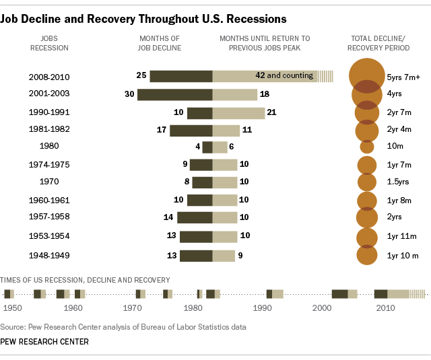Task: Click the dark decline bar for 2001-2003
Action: pyautogui.click(x=175, y=94)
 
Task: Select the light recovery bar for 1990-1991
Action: pyautogui.click(x=238, y=112)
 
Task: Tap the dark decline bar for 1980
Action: pyautogui.click(x=207, y=147)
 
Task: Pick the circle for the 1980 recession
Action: pyautogui.click(x=367, y=147)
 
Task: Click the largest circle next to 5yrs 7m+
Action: pyautogui.click(x=367, y=75)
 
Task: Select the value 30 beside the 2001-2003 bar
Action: pyautogui.click(x=129, y=94)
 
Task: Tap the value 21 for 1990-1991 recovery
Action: pyautogui.click(x=271, y=112)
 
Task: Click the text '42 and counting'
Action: pyautogui.click(x=284, y=75)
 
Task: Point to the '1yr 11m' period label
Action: pyautogui.click(x=401, y=236)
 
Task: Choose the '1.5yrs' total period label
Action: pyautogui.click(x=400, y=182)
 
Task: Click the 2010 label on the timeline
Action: pyautogui.click(x=385, y=308)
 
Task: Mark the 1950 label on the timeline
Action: pyautogui.click(x=12, y=308)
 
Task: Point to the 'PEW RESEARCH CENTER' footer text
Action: pyautogui.click(x=44, y=342)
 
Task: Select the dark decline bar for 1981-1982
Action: pyautogui.click(x=191, y=130)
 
